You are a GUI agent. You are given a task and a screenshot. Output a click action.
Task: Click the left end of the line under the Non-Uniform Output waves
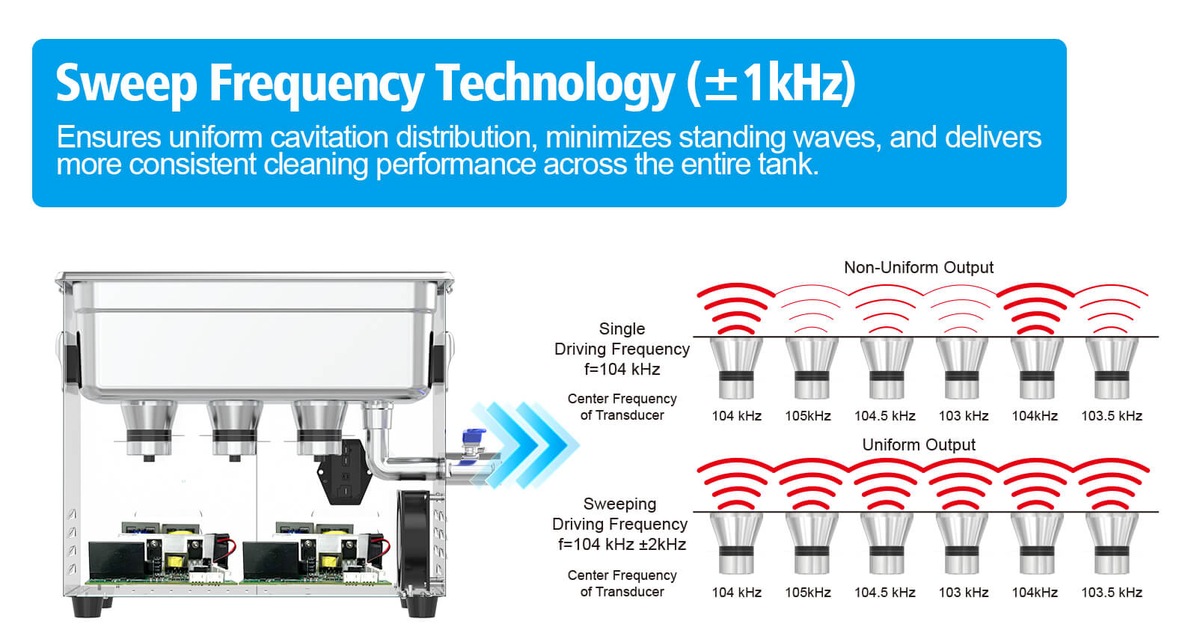pyautogui.click(x=694, y=337)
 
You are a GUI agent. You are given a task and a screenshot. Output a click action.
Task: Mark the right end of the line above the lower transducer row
pyautogui.click(x=1159, y=512)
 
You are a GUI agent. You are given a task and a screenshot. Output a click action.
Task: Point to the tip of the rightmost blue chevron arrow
pyautogui.click(x=579, y=444)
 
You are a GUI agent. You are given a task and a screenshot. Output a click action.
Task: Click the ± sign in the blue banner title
pyautogui.click(x=721, y=85)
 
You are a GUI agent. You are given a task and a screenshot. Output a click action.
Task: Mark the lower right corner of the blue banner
pyautogui.click(x=1066, y=207)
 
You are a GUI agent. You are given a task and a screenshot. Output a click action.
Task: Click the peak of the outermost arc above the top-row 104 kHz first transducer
pyautogui.click(x=736, y=285)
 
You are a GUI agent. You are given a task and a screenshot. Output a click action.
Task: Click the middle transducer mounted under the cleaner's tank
pyautogui.click(x=235, y=430)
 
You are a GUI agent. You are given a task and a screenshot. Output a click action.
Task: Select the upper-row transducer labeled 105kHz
pyautogui.click(x=811, y=369)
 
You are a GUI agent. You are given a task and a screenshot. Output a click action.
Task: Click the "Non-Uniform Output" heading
pyautogui.click(x=919, y=267)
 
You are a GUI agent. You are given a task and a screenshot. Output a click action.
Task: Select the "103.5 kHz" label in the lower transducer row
pyautogui.click(x=1112, y=593)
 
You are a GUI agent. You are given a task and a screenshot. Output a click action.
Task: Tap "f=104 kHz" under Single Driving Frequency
pyautogui.click(x=622, y=370)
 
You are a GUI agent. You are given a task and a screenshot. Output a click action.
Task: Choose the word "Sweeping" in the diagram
pyautogui.click(x=620, y=504)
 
